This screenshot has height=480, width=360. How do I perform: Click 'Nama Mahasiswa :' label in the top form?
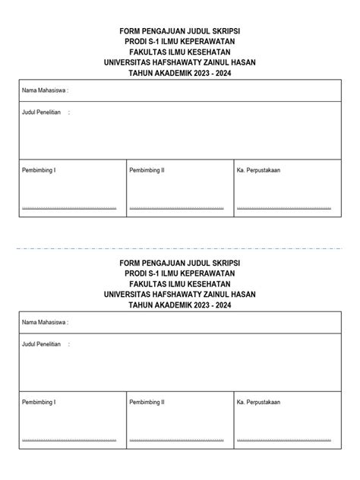pos(45,90)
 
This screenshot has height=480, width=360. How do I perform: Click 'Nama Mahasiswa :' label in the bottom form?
pos(45,322)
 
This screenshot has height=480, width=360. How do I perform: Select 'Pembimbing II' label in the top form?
pos(147,170)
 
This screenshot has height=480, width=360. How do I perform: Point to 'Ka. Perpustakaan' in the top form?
pos(258,170)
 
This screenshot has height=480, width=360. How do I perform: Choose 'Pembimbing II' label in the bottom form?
pos(147,402)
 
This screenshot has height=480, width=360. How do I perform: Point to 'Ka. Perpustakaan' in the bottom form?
pos(258,402)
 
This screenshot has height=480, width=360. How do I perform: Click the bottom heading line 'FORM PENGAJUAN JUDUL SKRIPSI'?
pos(180,262)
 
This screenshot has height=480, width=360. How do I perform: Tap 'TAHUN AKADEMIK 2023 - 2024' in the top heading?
pos(180,73)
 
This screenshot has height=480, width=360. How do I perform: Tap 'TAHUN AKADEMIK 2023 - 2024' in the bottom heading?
pos(180,305)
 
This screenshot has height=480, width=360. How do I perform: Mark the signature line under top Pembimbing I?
pos(69,207)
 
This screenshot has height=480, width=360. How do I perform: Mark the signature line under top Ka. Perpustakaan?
pos(283,207)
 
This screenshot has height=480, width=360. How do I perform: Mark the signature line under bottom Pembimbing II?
pos(177,439)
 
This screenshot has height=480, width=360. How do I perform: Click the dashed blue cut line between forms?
pos(180,248)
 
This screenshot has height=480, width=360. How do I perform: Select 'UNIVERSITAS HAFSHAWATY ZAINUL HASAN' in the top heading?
pos(180,62)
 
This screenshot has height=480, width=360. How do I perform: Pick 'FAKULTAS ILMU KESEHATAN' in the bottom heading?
pos(180,283)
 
